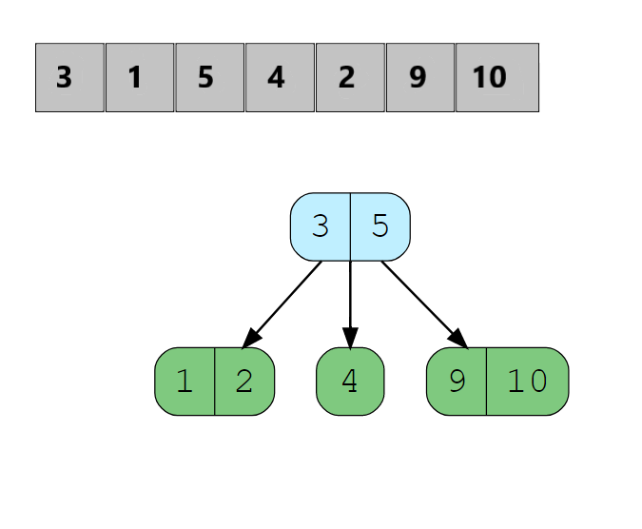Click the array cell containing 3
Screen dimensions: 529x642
pyautogui.click(x=69, y=77)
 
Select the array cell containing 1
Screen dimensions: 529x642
pyautogui.click(x=140, y=77)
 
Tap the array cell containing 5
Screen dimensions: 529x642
pyautogui.click(x=210, y=77)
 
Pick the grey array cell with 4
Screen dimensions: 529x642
pyautogui.click(x=281, y=77)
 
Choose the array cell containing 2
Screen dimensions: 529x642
pyautogui.click(x=351, y=77)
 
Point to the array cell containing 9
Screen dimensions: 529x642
pyautogui.click(x=421, y=77)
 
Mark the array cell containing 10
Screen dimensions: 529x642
pyautogui.click(x=496, y=77)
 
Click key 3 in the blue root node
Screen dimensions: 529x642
pyautogui.click(x=321, y=226)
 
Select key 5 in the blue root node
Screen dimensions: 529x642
pyautogui.click(x=380, y=226)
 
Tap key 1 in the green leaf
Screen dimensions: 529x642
pyautogui.click(x=185, y=382)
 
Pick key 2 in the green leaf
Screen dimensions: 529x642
pyautogui.click(x=244, y=382)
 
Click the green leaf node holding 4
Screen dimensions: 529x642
pyautogui.click(x=350, y=382)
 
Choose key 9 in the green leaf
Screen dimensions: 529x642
pyautogui.click(x=457, y=382)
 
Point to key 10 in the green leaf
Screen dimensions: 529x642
pyautogui.click(x=527, y=382)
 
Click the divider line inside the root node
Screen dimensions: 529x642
pyautogui.click(x=351, y=226)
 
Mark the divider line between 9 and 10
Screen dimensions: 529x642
pyautogui.click(x=486, y=382)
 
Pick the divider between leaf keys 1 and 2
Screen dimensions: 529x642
pyautogui.click(x=215, y=382)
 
